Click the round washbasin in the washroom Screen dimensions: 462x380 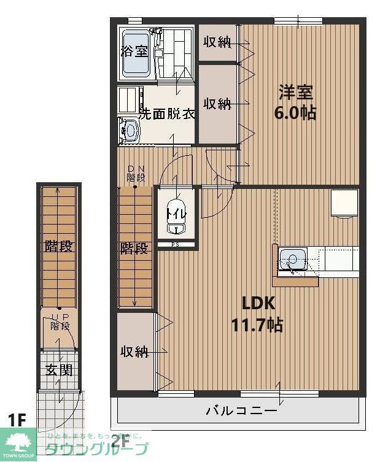tap(130, 130)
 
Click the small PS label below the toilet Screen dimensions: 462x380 tap(175, 245)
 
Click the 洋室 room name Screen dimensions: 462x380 tap(296, 93)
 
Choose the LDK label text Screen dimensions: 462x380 tap(257, 303)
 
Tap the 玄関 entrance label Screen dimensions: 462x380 tap(59, 370)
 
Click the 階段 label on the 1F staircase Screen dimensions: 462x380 tap(59, 247)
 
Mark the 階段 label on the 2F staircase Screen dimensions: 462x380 tap(134, 248)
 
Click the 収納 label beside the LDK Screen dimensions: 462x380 tap(134, 352)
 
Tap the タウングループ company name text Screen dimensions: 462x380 tap(98, 449)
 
